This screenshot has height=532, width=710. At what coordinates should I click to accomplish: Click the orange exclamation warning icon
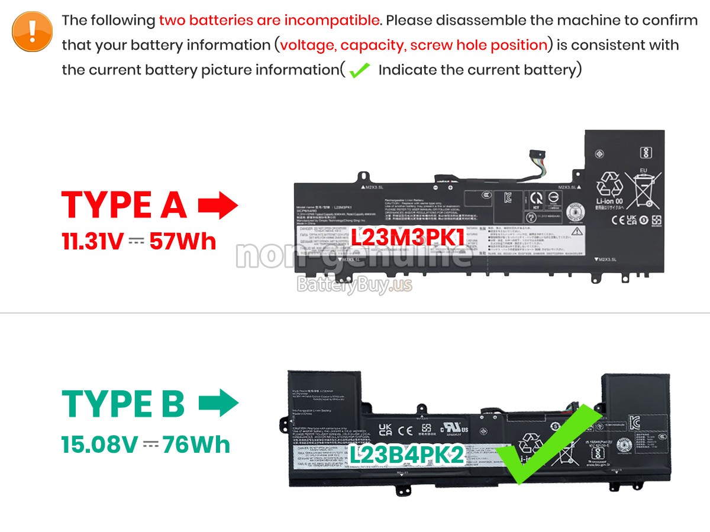(33, 31)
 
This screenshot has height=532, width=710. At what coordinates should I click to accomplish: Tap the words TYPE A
(124, 205)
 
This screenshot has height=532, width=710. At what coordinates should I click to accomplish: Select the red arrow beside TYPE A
(218, 205)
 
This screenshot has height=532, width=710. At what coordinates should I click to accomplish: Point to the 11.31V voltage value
(92, 241)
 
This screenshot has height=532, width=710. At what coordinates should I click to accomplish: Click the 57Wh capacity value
(183, 241)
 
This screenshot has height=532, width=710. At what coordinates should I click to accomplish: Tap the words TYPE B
(123, 404)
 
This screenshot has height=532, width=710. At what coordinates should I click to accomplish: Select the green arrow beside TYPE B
(218, 404)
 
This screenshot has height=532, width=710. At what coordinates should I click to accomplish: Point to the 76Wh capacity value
(197, 445)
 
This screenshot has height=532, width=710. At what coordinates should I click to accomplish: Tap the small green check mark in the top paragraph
(359, 71)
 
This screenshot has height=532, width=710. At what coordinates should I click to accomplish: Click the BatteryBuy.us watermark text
(354, 285)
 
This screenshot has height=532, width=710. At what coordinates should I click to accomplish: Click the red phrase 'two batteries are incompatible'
(269, 20)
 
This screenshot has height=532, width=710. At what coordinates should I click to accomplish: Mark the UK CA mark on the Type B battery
(385, 430)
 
